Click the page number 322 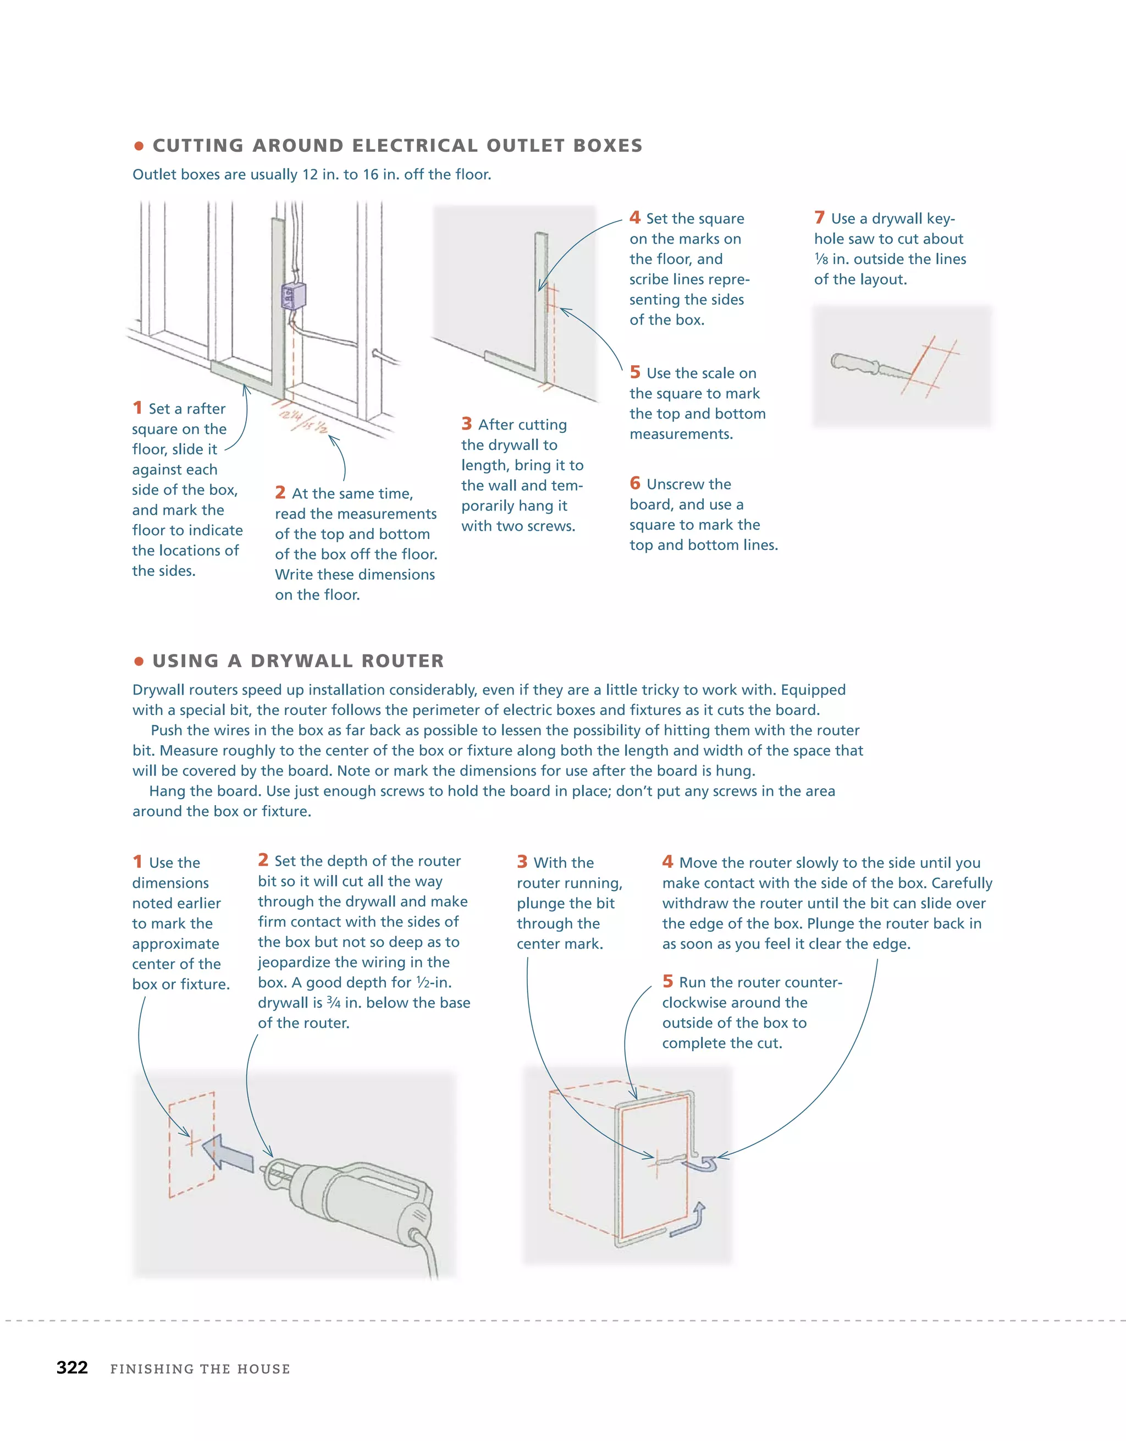(x=72, y=1367)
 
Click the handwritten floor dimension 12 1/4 (x=290, y=416)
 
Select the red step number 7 (x=819, y=218)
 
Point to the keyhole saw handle (x=855, y=364)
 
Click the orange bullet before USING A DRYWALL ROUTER (x=139, y=661)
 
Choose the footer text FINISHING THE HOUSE (x=200, y=1369)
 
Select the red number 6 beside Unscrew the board (x=634, y=483)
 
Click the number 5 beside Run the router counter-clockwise (x=667, y=981)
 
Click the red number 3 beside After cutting (x=466, y=424)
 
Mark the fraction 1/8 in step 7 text (x=821, y=259)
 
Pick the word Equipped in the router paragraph (x=813, y=690)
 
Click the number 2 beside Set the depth (x=263, y=860)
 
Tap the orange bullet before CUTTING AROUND (x=139, y=146)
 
